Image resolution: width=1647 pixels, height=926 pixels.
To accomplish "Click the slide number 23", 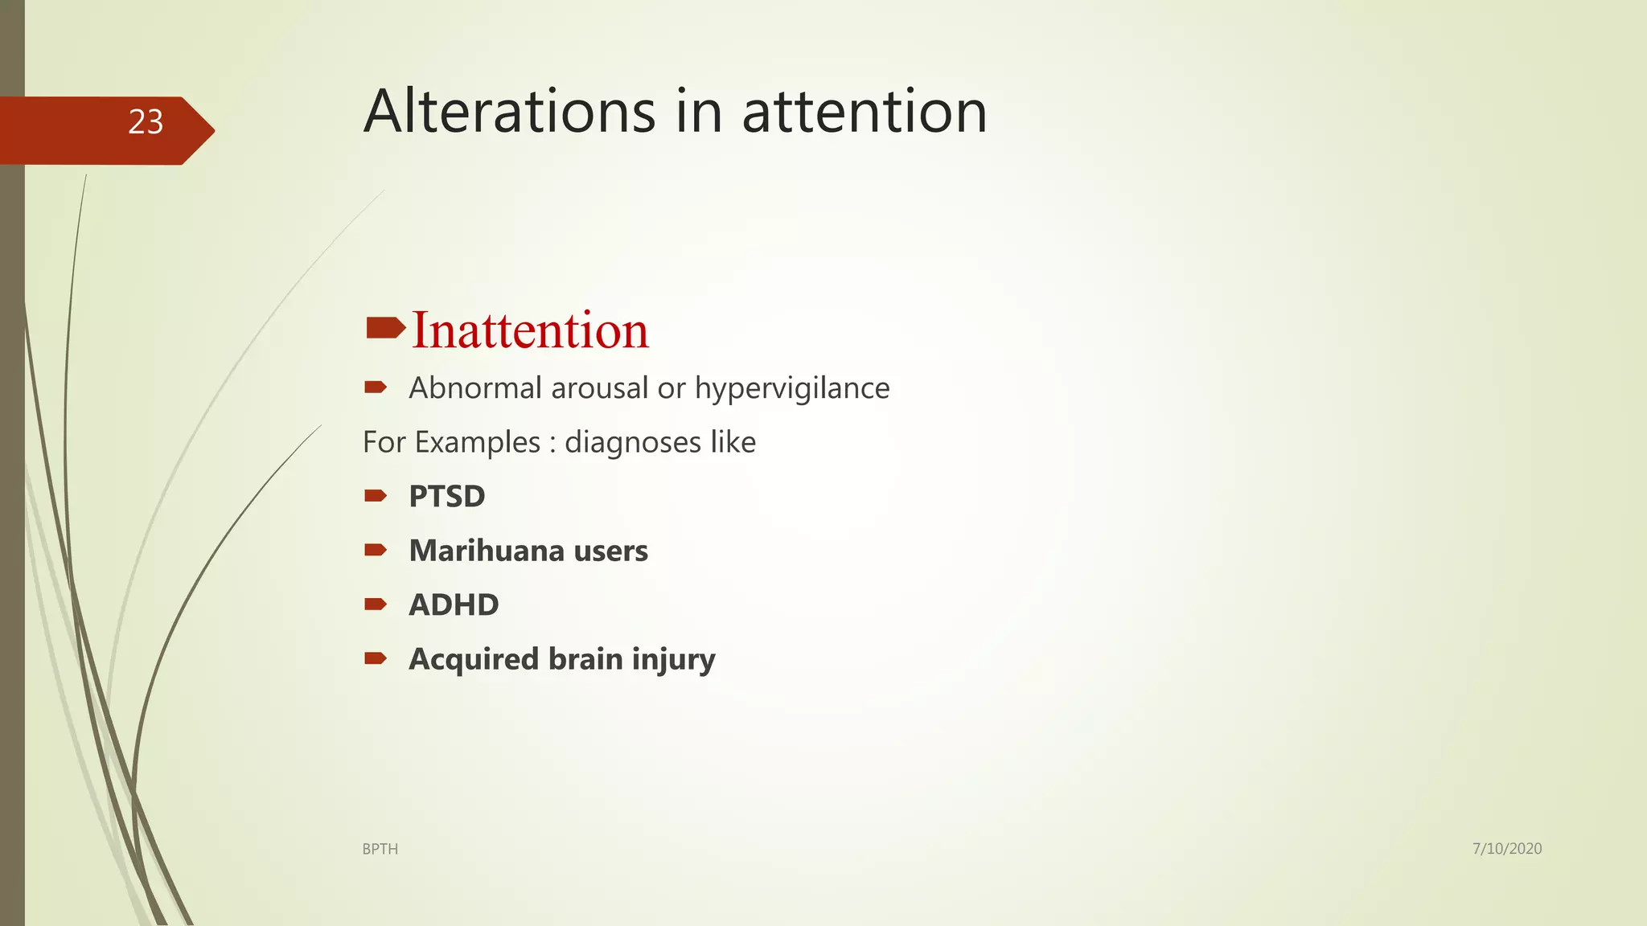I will point(146,122).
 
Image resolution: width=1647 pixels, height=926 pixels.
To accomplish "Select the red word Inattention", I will point(530,330).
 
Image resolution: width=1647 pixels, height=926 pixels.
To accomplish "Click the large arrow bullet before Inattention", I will point(385,328).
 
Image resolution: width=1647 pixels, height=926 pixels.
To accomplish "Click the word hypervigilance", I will point(792,389).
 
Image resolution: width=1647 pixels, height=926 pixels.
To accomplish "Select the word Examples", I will point(478,443).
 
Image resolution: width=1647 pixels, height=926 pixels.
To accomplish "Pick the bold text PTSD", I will point(447,496).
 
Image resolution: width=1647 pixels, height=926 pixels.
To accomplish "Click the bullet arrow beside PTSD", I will point(376,496).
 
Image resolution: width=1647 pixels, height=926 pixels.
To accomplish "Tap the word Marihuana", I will point(487,551).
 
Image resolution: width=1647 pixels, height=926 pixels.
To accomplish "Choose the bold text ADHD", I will point(454,604).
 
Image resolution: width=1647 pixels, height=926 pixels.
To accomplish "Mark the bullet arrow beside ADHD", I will point(376,604).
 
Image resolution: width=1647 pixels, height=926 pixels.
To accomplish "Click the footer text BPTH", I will point(380,849).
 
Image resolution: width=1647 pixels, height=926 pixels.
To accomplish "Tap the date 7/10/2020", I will point(1507,848).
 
